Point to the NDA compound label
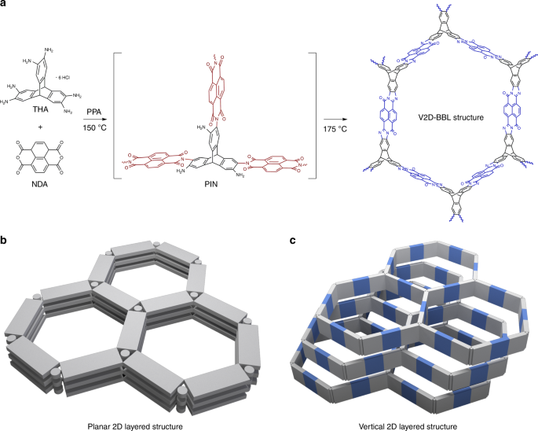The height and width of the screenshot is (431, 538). point(49,207)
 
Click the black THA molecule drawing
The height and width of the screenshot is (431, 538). point(49,90)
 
